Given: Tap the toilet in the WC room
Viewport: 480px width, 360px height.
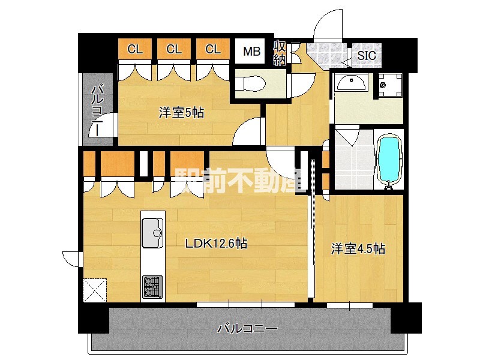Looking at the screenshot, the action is click(x=251, y=83).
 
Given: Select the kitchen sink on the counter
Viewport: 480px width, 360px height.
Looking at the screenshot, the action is click(x=152, y=233).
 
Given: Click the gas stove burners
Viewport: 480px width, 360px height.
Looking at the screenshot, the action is click(x=152, y=287).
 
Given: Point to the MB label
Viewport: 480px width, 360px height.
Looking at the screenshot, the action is click(x=251, y=52).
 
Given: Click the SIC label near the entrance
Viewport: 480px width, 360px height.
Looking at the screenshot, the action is click(x=367, y=55).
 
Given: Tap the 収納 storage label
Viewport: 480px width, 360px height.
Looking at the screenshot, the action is click(x=280, y=53).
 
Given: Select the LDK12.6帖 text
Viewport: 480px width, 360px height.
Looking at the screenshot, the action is click(x=216, y=244).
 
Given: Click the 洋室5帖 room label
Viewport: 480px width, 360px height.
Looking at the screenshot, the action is click(x=181, y=113).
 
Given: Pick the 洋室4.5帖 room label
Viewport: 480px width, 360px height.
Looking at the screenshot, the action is click(x=358, y=248).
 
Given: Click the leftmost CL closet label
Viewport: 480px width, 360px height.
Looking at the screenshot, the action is click(x=135, y=49).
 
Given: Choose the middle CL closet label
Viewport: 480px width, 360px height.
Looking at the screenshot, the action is click(x=174, y=49).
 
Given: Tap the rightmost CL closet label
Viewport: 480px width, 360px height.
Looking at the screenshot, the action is click(x=213, y=49).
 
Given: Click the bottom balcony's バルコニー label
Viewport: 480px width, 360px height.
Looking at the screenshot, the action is click(x=247, y=329).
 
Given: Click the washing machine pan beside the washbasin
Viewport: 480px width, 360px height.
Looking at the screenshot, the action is click(x=391, y=85).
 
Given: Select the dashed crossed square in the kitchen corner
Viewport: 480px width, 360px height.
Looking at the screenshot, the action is click(x=95, y=290).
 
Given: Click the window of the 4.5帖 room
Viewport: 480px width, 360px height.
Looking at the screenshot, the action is click(x=350, y=305).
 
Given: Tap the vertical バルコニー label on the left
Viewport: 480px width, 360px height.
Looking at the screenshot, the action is click(x=98, y=109).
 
